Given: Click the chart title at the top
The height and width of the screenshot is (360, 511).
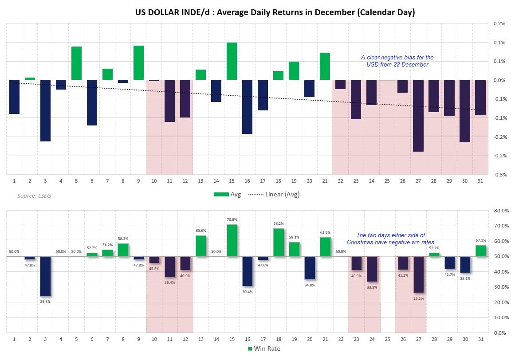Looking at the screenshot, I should pyautogui.click(x=275, y=12).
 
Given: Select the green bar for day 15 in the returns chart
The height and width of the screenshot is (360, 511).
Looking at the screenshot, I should pyautogui.click(x=232, y=61).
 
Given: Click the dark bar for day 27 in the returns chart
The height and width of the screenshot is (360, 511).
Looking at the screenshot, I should pyautogui.click(x=418, y=115).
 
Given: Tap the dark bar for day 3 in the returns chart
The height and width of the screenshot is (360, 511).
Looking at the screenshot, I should pyautogui.click(x=45, y=110).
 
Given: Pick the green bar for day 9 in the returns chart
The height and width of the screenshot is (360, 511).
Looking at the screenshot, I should pyautogui.click(x=138, y=63).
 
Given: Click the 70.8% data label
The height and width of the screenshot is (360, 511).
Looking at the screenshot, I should pyautogui.click(x=232, y=219).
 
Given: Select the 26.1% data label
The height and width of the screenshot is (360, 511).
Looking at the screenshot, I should pyautogui.click(x=418, y=298).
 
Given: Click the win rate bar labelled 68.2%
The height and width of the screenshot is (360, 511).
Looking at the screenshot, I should pyautogui.click(x=278, y=242).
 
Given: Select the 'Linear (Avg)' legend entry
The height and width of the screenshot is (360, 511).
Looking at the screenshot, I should pyautogui.click(x=274, y=194).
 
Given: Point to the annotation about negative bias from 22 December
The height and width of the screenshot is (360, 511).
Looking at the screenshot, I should pyautogui.click(x=397, y=61).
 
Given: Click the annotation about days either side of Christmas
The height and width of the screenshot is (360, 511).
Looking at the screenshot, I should pyautogui.click(x=390, y=239).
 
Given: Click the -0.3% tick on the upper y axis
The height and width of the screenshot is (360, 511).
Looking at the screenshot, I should pyautogui.click(x=500, y=174).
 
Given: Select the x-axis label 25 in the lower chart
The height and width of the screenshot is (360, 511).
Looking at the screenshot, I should pyautogui.click(x=387, y=339).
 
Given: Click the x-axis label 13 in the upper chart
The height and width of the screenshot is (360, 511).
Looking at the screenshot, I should pyautogui.click(x=200, y=181).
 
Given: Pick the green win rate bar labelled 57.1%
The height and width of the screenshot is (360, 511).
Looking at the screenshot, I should pyautogui.click(x=480, y=250).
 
